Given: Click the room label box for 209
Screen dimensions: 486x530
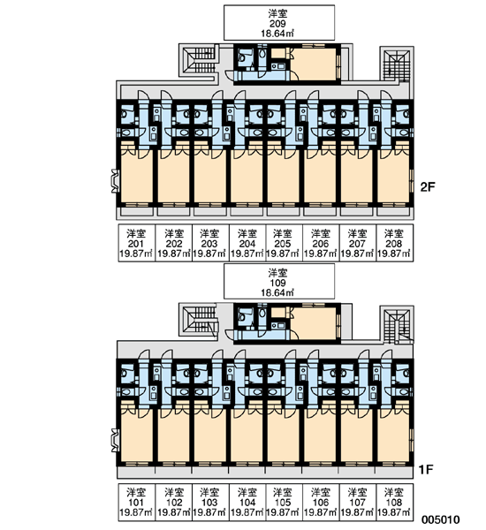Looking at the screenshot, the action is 279,23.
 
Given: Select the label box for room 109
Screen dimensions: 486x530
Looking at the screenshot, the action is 279,282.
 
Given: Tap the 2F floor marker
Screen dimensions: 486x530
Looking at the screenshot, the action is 427,187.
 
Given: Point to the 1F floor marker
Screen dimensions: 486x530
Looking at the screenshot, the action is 426,469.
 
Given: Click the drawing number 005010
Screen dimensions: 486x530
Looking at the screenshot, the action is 440,519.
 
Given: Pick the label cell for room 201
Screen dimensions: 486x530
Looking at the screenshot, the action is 136,243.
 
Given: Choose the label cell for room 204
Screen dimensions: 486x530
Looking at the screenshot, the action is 247,243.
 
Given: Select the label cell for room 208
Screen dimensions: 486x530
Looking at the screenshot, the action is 394,243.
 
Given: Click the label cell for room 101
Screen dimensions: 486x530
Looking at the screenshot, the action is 136,502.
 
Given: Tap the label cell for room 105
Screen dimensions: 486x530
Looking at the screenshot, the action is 284,502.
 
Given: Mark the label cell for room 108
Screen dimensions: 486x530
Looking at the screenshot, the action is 394,502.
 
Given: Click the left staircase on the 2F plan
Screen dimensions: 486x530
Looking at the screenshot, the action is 199,60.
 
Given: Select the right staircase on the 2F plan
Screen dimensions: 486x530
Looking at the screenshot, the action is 397,64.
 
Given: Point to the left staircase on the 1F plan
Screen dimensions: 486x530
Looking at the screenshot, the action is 200,320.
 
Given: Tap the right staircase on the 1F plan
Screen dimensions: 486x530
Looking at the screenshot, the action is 397,324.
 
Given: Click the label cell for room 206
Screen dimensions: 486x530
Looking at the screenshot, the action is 320,243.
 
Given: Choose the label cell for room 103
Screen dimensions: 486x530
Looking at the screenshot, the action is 210,502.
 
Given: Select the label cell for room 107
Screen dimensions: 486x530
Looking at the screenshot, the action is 358,502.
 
